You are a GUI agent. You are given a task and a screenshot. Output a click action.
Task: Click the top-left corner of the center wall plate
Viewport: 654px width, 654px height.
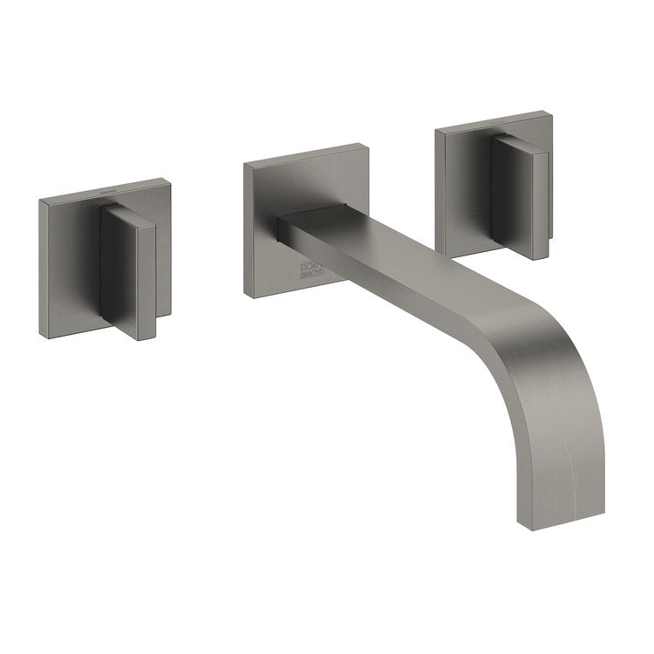click(x=245, y=163)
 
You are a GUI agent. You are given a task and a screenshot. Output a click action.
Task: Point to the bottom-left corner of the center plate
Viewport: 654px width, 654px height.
click(x=246, y=296)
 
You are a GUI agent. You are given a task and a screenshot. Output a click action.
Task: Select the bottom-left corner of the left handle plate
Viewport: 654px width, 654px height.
click(x=40, y=336)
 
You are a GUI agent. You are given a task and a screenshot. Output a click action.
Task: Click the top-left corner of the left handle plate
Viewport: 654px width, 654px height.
click(x=40, y=201)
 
